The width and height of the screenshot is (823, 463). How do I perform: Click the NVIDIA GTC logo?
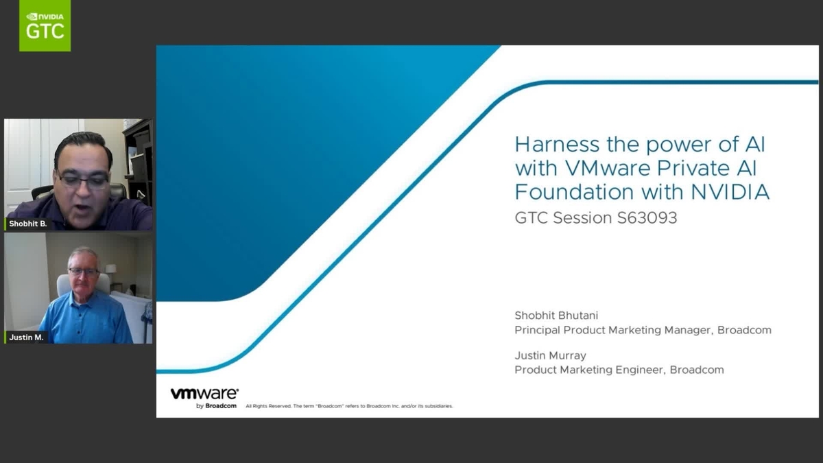click(x=45, y=25)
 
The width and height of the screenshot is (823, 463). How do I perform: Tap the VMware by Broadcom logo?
click(x=204, y=398)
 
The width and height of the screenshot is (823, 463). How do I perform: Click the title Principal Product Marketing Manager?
click(x=612, y=330)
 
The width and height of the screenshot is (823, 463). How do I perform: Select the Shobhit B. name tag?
click(x=27, y=224)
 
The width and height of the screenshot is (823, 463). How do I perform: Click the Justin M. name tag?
click(x=26, y=337)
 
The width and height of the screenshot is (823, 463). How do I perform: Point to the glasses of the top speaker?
click(x=83, y=180)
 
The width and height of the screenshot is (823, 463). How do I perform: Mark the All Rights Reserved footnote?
click(x=349, y=406)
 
